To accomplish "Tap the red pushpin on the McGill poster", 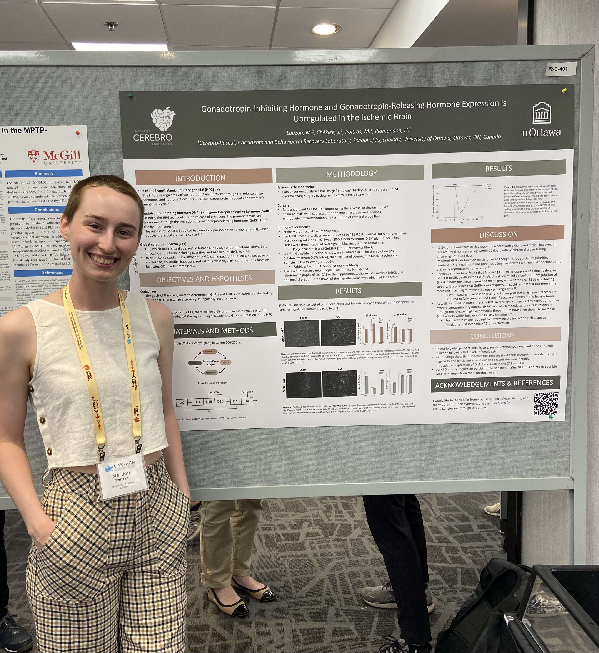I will pos(77,133).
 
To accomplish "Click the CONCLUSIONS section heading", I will pos(492,336).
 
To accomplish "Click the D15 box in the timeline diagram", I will pos(209,402).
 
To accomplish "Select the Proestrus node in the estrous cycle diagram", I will pos(210,351).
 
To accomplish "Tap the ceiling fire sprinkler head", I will pos(112,26).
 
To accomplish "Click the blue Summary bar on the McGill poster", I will pos(44,174).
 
